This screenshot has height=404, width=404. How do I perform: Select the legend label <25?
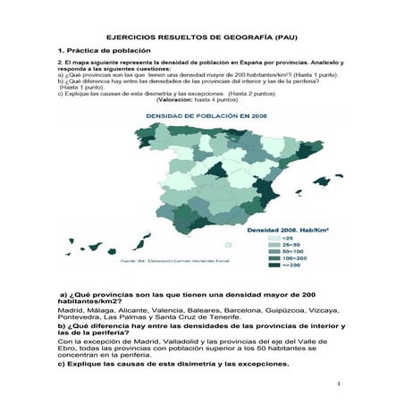pos(289,239)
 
